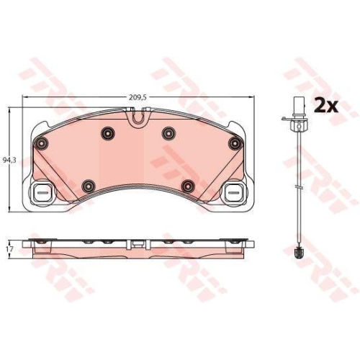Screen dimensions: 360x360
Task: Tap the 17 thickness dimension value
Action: pyautogui.click(x=10, y=249)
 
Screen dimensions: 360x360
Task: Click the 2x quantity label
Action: pyautogui.click(x=326, y=106)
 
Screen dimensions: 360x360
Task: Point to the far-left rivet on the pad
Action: pyautogui.click(x=41, y=143)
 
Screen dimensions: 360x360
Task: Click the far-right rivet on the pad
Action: pyautogui.click(x=234, y=143)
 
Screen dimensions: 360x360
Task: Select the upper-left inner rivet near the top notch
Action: pyautogui.click(x=108, y=132)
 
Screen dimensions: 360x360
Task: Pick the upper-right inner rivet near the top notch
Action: pyautogui.click(x=168, y=132)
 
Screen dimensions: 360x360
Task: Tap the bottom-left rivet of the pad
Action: pyautogui.click(x=89, y=186)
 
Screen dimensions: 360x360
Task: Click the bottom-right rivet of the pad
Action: pyautogui.click(x=188, y=186)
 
